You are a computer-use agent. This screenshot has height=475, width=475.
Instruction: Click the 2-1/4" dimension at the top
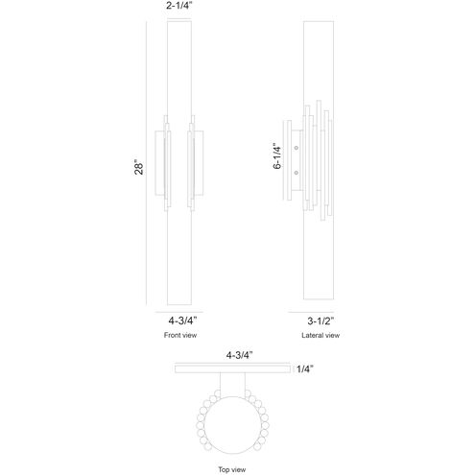pos(179,6)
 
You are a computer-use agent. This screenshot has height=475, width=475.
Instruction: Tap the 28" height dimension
pos(139,167)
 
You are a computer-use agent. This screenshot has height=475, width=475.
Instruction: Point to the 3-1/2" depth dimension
pos(321,321)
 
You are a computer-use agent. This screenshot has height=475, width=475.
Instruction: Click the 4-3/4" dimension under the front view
pos(182,321)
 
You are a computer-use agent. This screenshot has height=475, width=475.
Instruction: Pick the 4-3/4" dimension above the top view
pos(240,355)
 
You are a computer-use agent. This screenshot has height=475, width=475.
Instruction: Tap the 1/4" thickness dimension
pos(305,368)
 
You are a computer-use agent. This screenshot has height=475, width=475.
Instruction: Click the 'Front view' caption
pos(180,335)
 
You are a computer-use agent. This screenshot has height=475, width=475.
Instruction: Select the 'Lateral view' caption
pos(321,335)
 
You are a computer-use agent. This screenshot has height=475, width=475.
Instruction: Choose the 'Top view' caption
pos(232,469)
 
